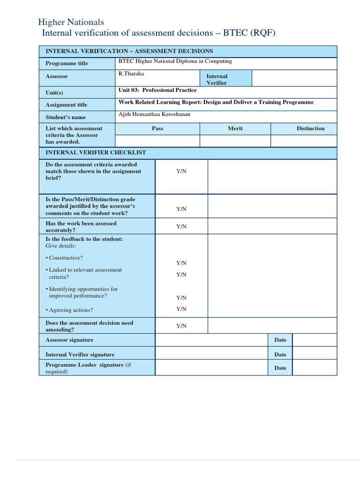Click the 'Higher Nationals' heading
71,22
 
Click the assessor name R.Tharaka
131,74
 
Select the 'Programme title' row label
67,63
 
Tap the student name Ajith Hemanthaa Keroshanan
154,114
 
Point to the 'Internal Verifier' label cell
217,79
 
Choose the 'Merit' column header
235,128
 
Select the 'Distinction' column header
310,128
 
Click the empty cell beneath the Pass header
157,141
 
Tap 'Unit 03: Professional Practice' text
157,90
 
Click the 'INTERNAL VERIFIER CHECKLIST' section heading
96,153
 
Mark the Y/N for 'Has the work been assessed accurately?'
181,226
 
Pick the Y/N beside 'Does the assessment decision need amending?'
181,326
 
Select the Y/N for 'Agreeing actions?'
181,309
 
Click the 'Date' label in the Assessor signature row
280,340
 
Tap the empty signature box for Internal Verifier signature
211,354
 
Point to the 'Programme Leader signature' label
84,365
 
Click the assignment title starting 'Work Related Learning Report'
216,102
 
